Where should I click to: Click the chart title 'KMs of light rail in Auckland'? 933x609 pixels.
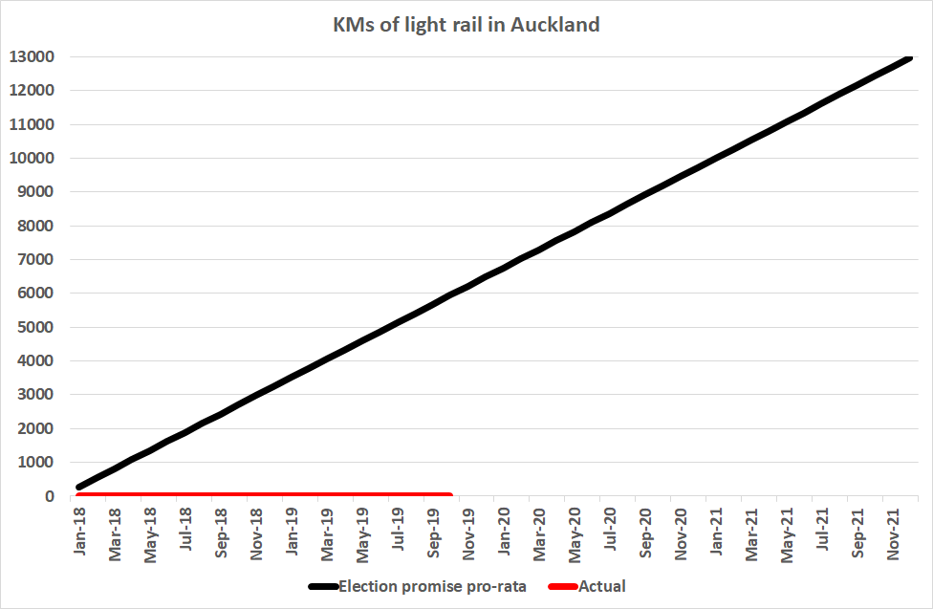[466, 25]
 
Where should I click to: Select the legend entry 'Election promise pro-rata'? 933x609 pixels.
[432, 586]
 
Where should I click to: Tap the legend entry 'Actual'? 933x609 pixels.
[602, 586]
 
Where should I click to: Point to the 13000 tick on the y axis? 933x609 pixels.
[31, 57]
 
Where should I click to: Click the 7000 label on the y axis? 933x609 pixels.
[34, 260]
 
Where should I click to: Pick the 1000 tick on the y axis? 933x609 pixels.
[34, 463]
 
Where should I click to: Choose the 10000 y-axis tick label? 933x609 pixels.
[31, 159]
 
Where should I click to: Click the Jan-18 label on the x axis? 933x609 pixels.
[79, 530]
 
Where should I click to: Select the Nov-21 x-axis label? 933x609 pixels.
[895, 530]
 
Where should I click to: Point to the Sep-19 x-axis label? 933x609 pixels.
[434, 530]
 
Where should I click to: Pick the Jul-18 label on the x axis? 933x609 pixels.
[185, 530]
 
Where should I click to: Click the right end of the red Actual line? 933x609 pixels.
[450, 495]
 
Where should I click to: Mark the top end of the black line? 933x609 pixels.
[911, 57]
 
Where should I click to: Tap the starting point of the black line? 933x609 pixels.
[77, 488]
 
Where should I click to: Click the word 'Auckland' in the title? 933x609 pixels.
[555, 25]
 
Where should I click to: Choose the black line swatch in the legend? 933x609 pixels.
[322, 586]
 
